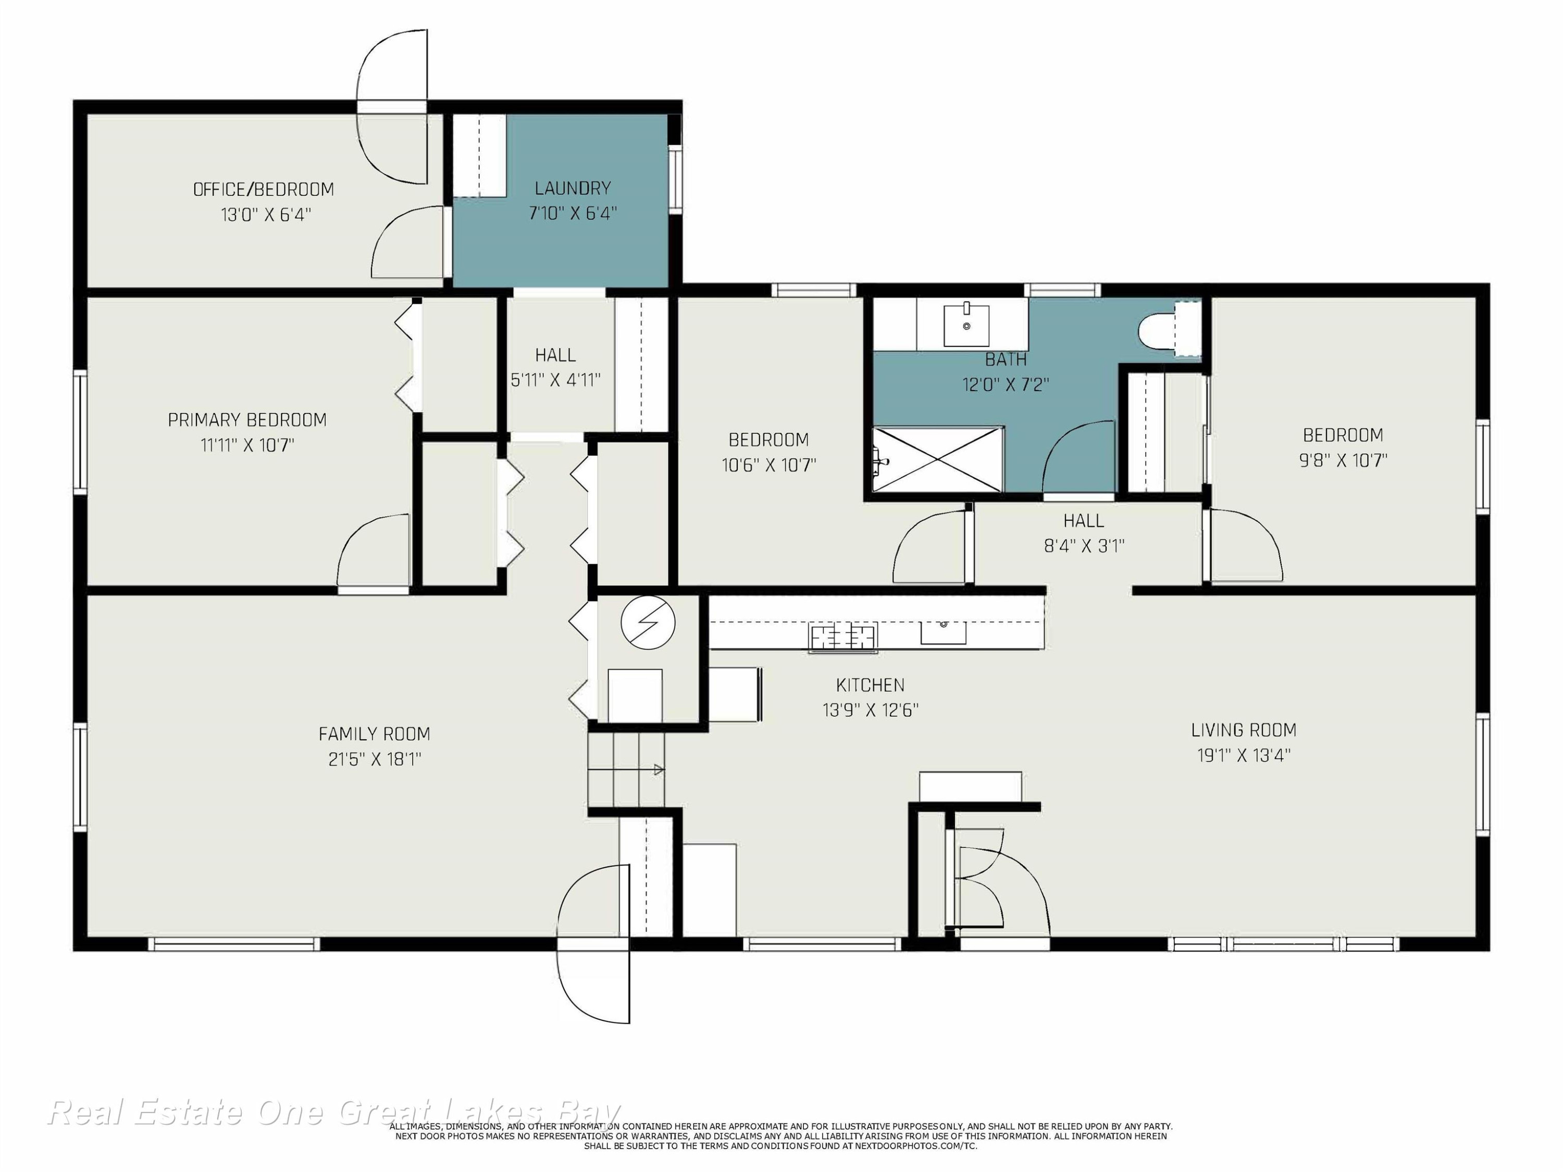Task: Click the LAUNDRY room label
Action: tap(573, 188)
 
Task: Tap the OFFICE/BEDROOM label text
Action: tap(264, 189)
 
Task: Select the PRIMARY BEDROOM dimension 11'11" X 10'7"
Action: tap(247, 445)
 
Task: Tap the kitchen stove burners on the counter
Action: tap(843, 637)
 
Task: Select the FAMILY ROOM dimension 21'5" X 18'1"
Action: tap(375, 759)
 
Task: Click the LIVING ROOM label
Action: tap(1244, 730)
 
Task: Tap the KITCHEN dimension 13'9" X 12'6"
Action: tap(871, 709)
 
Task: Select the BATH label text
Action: tap(1006, 359)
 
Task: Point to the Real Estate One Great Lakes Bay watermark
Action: tap(333, 1113)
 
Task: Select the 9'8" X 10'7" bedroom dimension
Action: tap(1343, 460)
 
